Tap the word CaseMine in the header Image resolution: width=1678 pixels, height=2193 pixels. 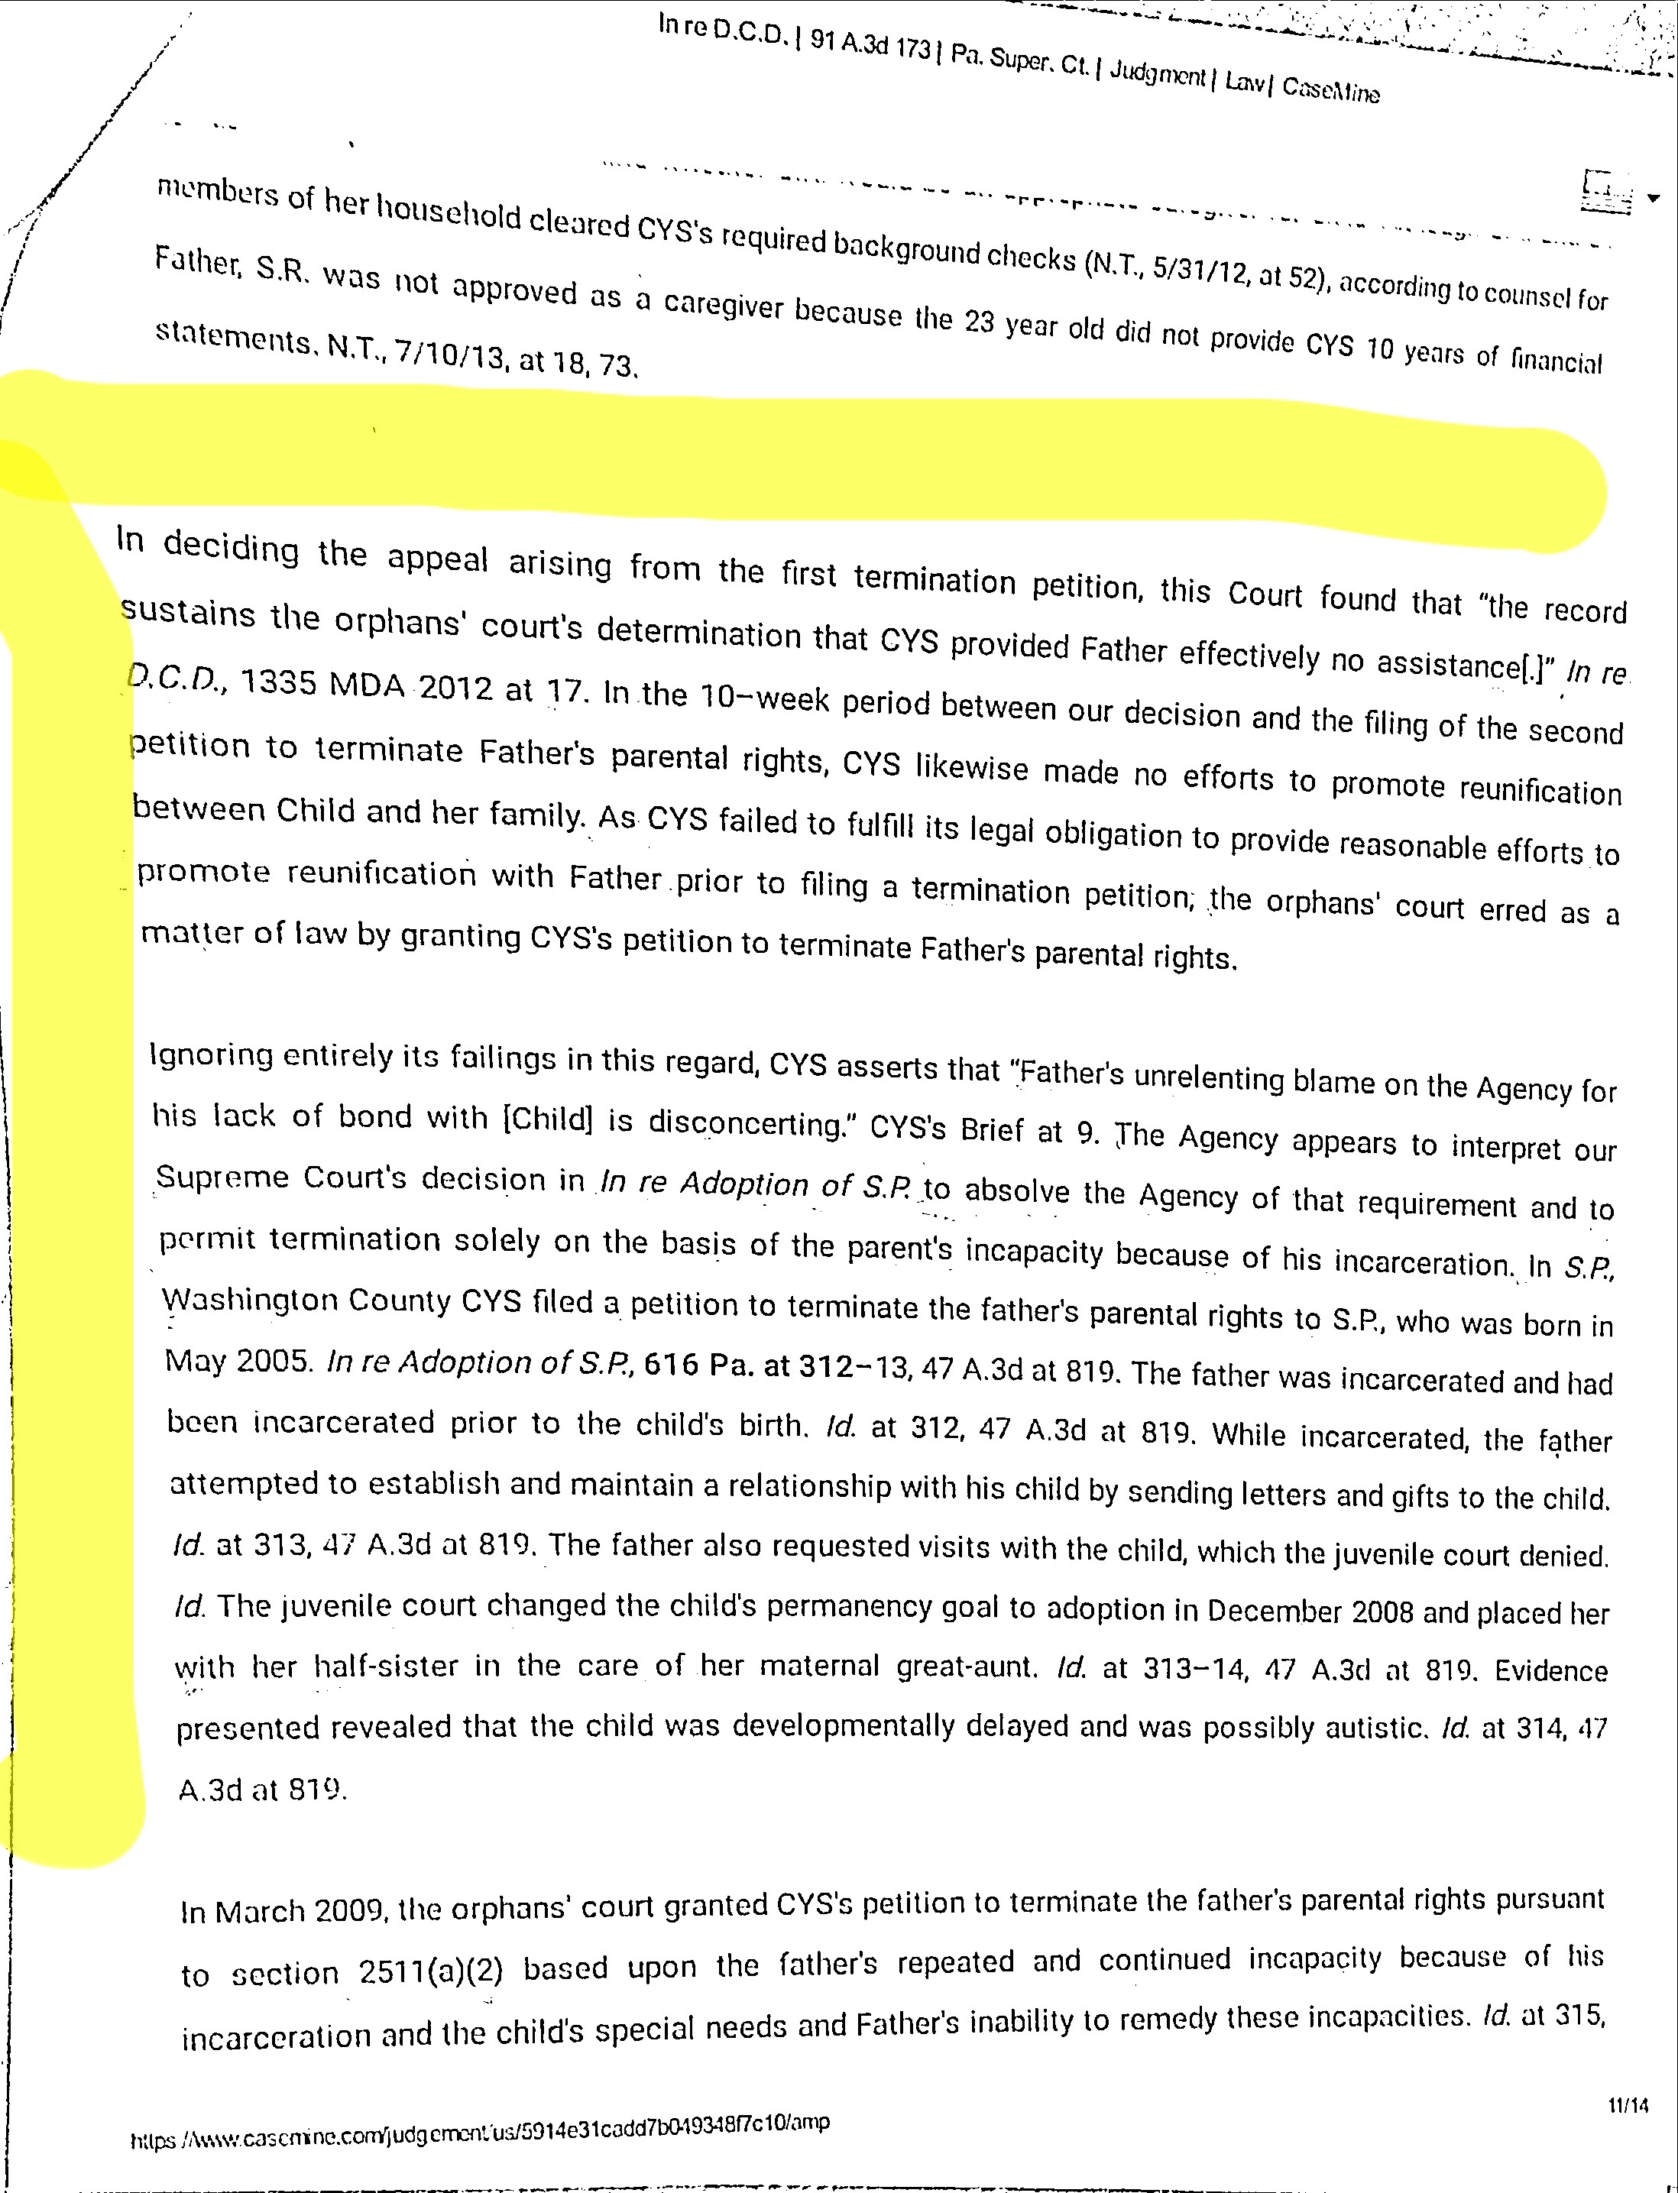(1330, 89)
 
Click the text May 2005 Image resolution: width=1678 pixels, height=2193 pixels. (240, 1360)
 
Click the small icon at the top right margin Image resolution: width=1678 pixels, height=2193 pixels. (1608, 189)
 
